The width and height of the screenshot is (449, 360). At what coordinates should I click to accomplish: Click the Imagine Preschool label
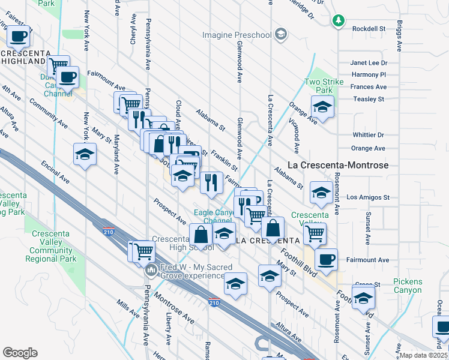237,35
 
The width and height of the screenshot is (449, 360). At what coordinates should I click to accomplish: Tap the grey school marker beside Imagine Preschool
280,35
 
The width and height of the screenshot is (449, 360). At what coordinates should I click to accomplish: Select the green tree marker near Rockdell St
339,21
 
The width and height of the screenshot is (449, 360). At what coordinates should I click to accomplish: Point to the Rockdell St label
369,28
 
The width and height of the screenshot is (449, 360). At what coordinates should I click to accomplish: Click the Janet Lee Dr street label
369,63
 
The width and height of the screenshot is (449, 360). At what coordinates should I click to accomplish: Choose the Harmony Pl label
369,75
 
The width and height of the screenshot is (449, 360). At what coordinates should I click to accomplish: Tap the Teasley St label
369,99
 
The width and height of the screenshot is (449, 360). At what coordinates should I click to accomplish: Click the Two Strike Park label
324,86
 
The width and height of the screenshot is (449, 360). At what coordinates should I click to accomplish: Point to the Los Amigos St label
368,197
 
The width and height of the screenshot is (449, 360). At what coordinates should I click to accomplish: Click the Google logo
20,352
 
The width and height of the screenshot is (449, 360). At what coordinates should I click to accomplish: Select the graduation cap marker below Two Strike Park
322,108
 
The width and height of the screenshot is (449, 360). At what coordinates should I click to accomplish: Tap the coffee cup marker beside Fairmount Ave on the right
326,259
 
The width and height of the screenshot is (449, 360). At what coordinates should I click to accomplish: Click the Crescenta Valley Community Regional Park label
51,247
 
